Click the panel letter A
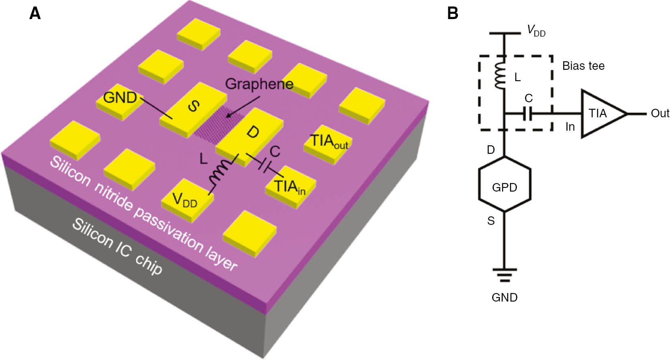(35, 14)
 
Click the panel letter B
(452, 14)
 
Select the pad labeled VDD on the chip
(186, 200)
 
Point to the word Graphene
(259, 84)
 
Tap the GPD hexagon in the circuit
(504, 188)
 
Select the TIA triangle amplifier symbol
(601, 114)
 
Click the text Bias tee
(583, 66)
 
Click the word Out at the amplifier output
(659, 114)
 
